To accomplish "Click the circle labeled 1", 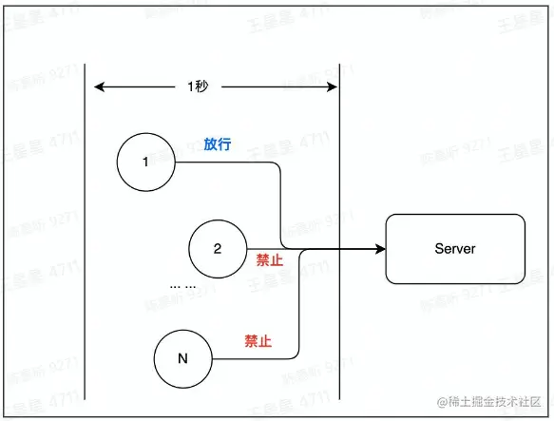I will [x=144, y=162].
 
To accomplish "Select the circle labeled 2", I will [x=217, y=249].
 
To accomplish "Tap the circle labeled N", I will [x=182, y=359].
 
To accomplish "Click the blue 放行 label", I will [x=218, y=144].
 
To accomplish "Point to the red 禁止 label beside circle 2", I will [x=270, y=259].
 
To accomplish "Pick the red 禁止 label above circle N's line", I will [x=258, y=341].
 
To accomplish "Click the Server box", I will [x=454, y=249].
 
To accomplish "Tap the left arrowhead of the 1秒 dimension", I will [x=98, y=87].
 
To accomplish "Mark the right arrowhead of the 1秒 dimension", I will [x=334, y=87].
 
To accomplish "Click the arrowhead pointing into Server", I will [x=379, y=249].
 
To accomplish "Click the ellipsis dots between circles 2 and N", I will [x=182, y=285].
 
